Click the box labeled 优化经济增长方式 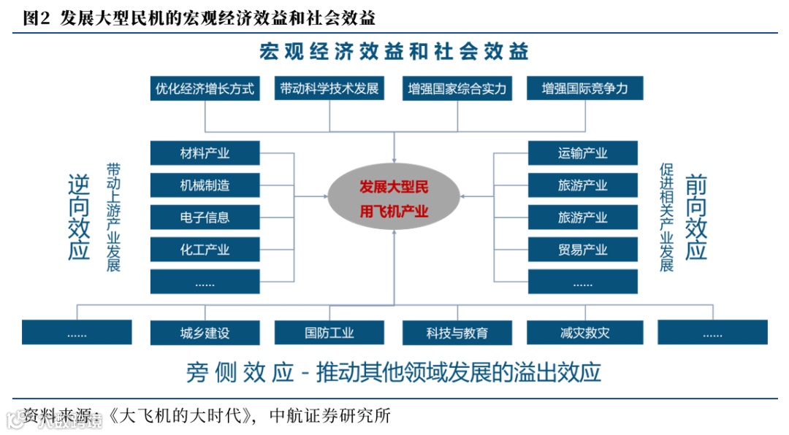click(205, 89)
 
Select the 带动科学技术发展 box click(329, 89)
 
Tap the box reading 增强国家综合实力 click(457, 89)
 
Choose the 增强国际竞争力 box click(584, 89)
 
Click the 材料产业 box click(205, 153)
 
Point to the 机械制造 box click(205, 185)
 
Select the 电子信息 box click(205, 217)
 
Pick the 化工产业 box click(205, 250)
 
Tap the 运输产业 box click(582, 153)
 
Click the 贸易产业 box click(582, 250)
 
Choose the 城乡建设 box click(205, 333)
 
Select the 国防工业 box click(329, 333)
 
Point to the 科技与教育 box click(457, 333)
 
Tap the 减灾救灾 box click(584, 333)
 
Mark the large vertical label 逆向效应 click(78, 217)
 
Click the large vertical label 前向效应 click(696, 217)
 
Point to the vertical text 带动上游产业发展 click(113, 217)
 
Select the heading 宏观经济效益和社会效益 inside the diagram click(394, 51)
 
